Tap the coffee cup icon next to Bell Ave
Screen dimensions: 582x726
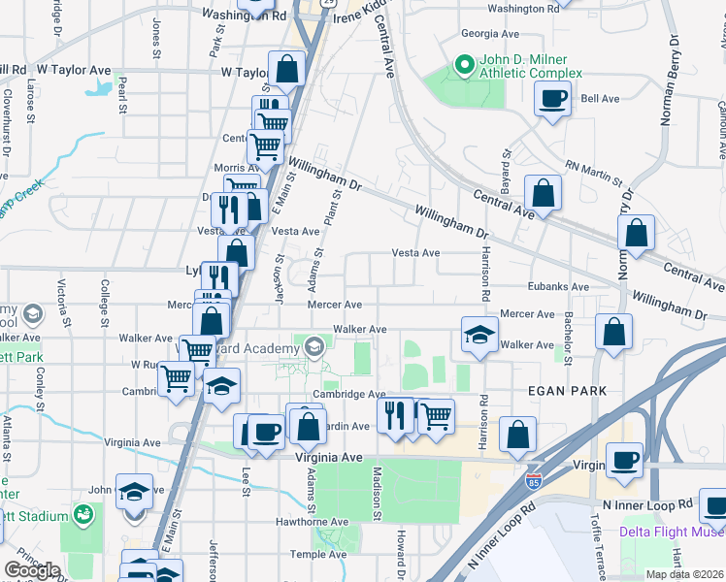click(x=553, y=100)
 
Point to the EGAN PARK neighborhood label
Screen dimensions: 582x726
click(x=567, y=391)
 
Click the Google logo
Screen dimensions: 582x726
click(x=32, y=569)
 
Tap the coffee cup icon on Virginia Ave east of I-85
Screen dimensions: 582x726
click(x=624, y=461)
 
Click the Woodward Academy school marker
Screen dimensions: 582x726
click(x=313, y=347)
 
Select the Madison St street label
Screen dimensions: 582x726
click(x=378, y=490)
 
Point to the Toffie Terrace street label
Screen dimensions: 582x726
click(x=595, y=548)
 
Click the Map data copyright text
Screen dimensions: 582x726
click(x=684, y=574)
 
